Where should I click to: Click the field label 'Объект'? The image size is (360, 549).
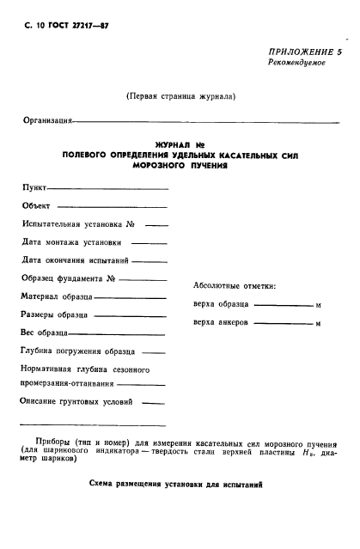(37, 205)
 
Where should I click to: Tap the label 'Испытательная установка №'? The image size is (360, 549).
(79, 224)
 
